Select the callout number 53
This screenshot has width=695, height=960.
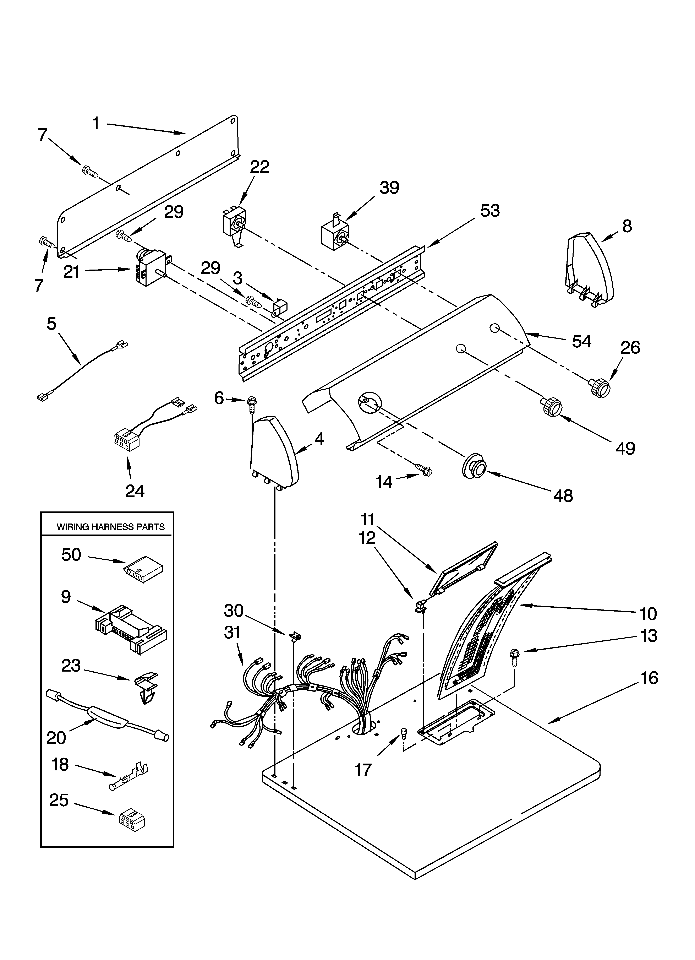[490, 210]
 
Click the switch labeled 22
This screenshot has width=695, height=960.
[233, 225]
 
